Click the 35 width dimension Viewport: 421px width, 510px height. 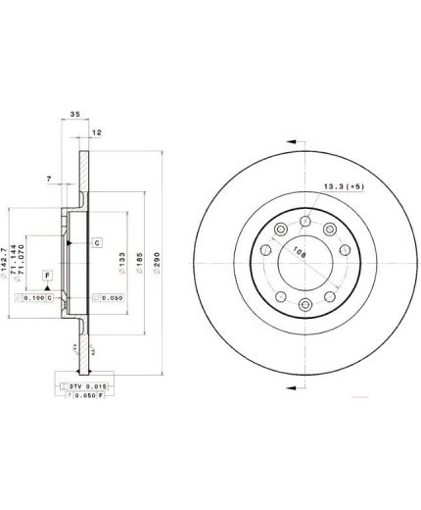pyautogui.click(x=74, y=115)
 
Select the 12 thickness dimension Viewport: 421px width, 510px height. pyautogui.click(x=96, y=131)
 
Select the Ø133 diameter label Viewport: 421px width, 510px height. pyautogui.click(x=123, y=263)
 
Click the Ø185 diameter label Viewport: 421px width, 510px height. pyautogui.click(x=144, y=263)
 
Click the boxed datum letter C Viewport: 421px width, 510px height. pyautogui.click(x=97, y=241)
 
